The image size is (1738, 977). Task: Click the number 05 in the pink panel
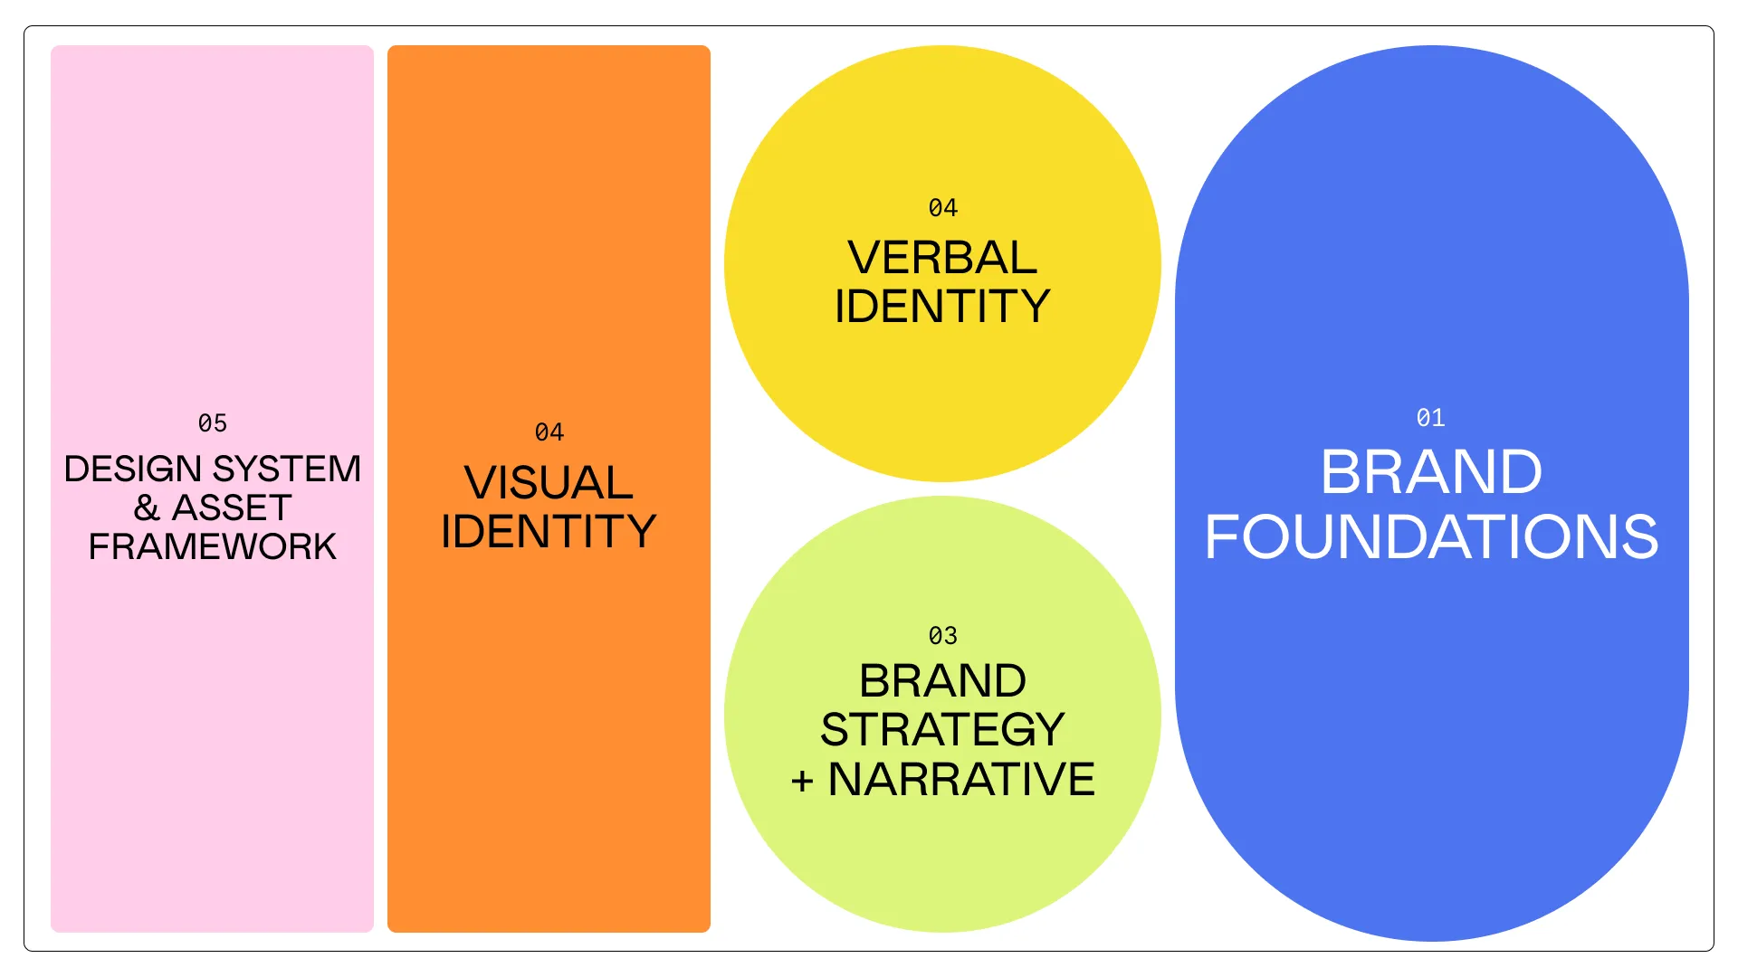point(213,423)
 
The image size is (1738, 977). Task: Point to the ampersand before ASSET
point(147,508)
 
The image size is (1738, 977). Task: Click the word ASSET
point(232,508)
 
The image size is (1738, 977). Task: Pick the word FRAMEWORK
point(213,547)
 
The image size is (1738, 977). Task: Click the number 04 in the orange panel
point(549,432)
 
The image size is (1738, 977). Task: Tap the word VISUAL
point(549,482)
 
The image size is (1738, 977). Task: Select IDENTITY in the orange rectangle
point(549,531)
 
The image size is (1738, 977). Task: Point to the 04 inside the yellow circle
point(943,208)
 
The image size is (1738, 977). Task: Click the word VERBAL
point(942,258)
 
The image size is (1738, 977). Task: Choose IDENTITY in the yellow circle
point(942,307)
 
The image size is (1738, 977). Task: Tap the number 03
point(943,636)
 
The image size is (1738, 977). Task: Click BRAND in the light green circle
point(942,681)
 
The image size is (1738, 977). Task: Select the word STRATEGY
point(942,730)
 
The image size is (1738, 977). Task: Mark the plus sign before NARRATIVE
point(802,781)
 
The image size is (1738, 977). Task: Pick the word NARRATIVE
point(961,780)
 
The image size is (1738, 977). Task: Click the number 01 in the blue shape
point(1431,418)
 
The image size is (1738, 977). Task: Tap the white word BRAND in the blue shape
point(1431,472)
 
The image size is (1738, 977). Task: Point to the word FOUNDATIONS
point(1431,537)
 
